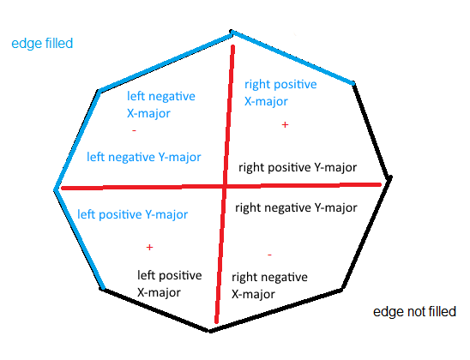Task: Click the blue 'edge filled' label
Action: [x=42, y=44]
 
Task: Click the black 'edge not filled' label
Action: [x=414, y=312]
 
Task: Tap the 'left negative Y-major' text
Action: [x=144, y=157]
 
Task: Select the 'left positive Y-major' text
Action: [x=132, y=215]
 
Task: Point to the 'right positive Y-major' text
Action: [x=298, y=167]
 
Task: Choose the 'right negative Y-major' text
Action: [x=296, y=207]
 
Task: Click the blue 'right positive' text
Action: [x=280, y=85]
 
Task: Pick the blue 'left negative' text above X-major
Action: [x=161, y=97]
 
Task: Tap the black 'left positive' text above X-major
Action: [x=170, y=275]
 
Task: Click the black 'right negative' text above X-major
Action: [x=269, y=278]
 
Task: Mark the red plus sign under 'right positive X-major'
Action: [x=285, y=124]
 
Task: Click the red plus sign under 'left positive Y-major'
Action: [x=149, y=247]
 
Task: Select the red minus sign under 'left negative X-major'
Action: [x=134, y=130]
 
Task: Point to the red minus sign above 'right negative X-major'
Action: [x=269, y=255]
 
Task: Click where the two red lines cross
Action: [x=225, y=187]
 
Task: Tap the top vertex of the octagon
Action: [x=231, y=31]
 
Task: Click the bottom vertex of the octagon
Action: [x=210, y=331]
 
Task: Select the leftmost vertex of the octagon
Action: [x=55, y=190]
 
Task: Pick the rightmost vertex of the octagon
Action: [x=390, y=178]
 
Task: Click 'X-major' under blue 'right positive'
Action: [x=266, y=101]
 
